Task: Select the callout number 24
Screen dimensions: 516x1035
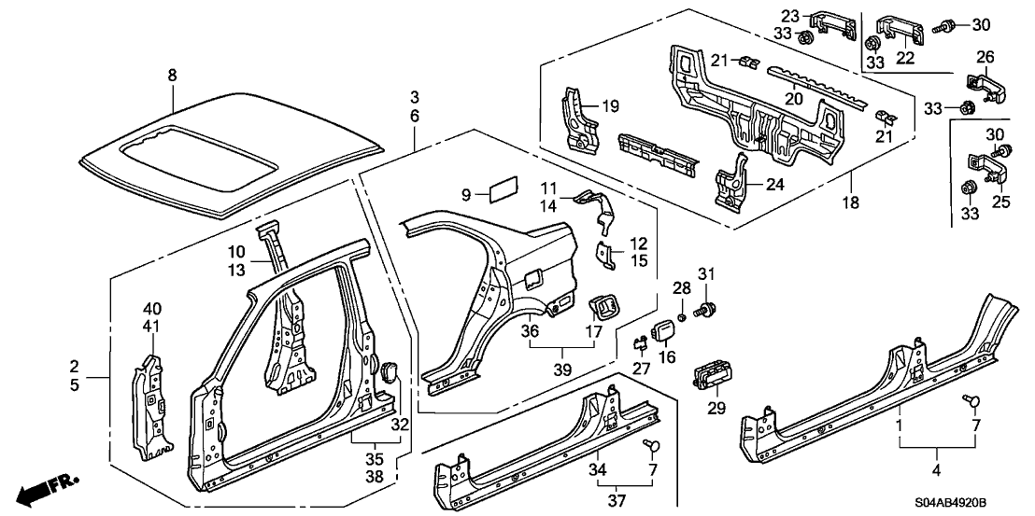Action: pyautogui.click(x=773, y=184)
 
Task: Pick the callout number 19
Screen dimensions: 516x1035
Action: pyautogui.click(x=610, y=107)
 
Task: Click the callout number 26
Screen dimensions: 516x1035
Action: pyautogui.click(x=984, y=57)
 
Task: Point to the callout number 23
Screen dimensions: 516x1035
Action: pyautogui.click(x=790, y=16)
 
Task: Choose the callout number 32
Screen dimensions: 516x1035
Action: pyautogui.click(x=400, y=424)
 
